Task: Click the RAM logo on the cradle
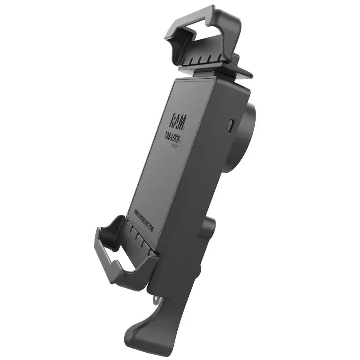176,121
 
